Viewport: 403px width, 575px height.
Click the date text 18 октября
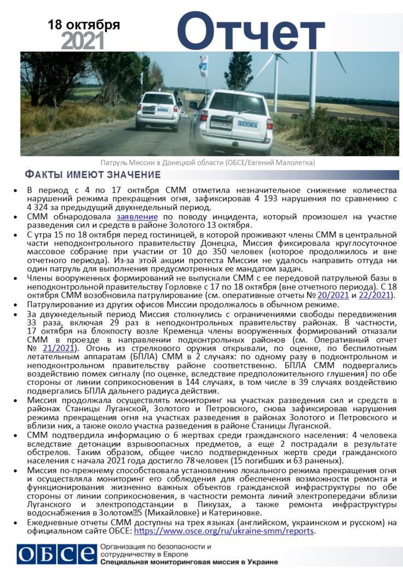click(84, 25)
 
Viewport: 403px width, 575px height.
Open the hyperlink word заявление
click(137, 217)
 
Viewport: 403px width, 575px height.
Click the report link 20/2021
click(334, 295)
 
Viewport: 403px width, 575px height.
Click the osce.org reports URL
click(224, 531)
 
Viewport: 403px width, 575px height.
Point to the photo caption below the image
click(208, 163)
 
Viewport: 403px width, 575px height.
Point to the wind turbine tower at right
click(313, 82)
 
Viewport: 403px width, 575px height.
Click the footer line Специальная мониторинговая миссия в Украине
click(188, 562)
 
